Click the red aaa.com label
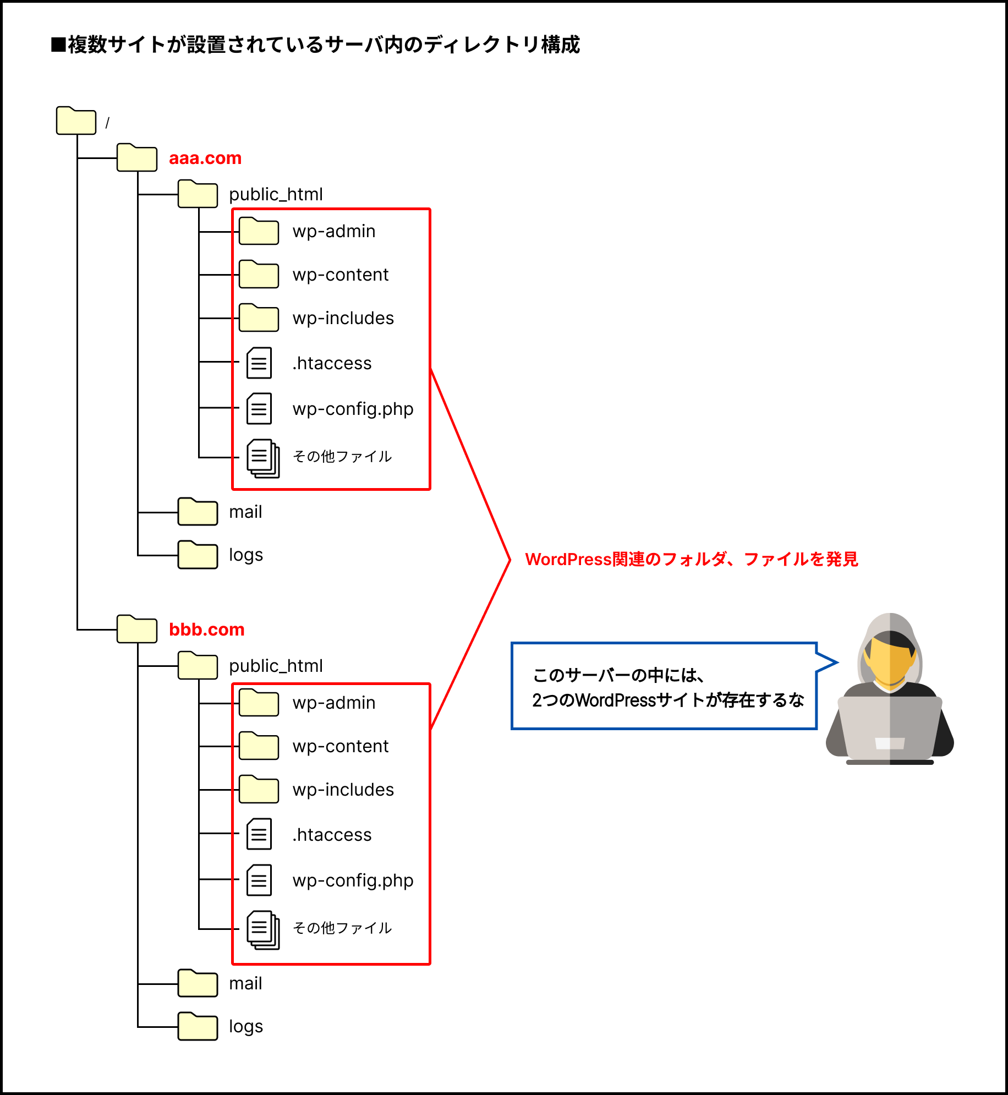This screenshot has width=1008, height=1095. click(205, 158)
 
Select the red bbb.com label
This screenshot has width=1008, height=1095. click(207, 629)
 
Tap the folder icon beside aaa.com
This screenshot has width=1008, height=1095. click(137, 158)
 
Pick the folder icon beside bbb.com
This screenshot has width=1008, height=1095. click(137, 629)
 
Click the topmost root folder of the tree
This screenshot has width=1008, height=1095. click(76, 121)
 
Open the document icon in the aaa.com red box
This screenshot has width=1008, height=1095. click(263, 458)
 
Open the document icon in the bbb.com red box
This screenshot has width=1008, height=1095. click(263, 930)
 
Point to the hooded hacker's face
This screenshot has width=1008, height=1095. click(890, 660)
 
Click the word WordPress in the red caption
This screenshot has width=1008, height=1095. click(568, 560)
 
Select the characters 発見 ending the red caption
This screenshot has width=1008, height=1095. click(842, 560)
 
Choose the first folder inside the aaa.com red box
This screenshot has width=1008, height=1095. click(259, 232)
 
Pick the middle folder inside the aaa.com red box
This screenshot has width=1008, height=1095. click(259, 275)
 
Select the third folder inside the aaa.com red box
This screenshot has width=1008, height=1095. click(259, 318)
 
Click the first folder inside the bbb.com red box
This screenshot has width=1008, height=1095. click(259, 703)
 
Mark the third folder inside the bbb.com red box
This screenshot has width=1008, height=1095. click(259, 790)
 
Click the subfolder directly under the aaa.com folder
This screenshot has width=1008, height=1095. click(198, 194)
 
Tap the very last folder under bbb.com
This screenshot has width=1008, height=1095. click(198, 1027)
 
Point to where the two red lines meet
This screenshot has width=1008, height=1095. click(510, 560)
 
